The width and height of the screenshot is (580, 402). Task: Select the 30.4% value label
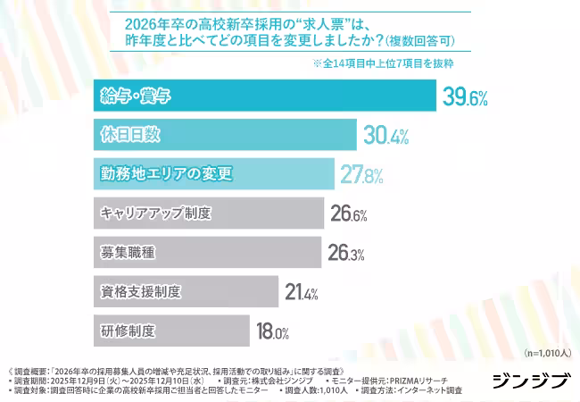[x=386, y=137]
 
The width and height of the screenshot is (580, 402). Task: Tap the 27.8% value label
[x=361, y=175]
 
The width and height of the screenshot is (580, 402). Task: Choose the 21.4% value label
[x=302, y=293]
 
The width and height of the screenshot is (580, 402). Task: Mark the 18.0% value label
[x=273, y=332]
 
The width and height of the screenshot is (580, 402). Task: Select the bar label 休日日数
[x=130, y=135]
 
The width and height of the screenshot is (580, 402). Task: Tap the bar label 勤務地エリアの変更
[x=166, y=173]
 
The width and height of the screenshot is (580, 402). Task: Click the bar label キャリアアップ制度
[x=156, y=214]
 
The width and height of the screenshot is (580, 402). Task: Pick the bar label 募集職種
[x=128, y=253]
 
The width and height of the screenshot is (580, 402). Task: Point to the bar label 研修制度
[x=128, y=331]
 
